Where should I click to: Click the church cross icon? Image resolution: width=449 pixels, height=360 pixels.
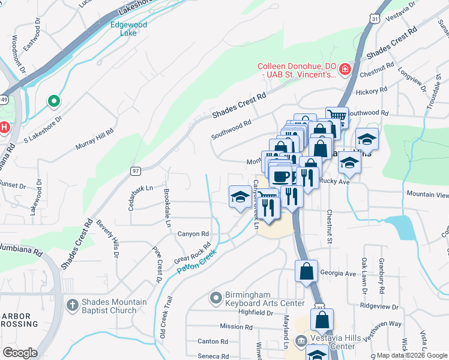73,305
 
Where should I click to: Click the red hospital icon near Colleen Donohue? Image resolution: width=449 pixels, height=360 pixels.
345,70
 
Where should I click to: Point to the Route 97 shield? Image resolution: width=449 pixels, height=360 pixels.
136,171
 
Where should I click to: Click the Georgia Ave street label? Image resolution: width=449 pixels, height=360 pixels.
338,273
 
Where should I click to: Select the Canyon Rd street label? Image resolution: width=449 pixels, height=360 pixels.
193,234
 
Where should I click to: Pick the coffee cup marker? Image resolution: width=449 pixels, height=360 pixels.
280,176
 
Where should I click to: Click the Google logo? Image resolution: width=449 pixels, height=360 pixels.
20,353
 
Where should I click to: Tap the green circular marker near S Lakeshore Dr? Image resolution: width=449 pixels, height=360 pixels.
54,101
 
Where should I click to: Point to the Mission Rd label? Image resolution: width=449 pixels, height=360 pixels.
236,326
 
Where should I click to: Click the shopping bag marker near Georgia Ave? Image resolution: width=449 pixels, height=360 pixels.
307,271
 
